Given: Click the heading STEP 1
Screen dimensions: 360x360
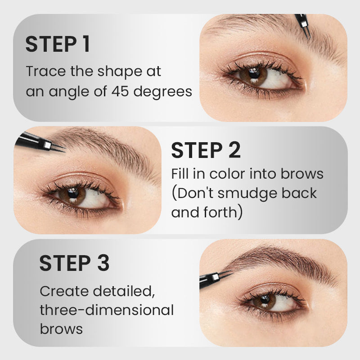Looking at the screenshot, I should click(58, 45).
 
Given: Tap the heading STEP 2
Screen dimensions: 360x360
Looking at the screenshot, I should click(206, 150).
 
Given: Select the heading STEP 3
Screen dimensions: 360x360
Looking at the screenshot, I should click(74, 263).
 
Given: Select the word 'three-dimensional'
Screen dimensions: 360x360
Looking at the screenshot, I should click(107, 310).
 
